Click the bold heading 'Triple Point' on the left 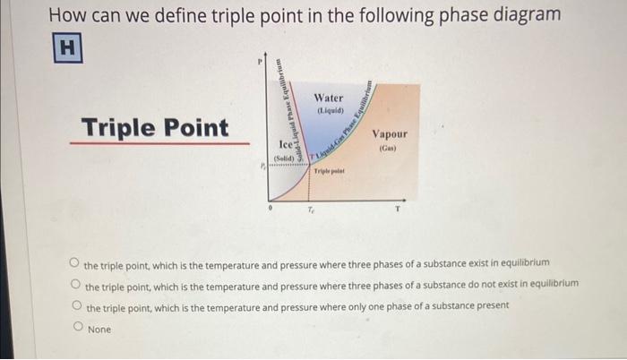tap(155, 128)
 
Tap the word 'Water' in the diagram tap(329, 97)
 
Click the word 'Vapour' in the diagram tap(390, 133)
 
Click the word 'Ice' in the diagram tap(285, 143)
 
